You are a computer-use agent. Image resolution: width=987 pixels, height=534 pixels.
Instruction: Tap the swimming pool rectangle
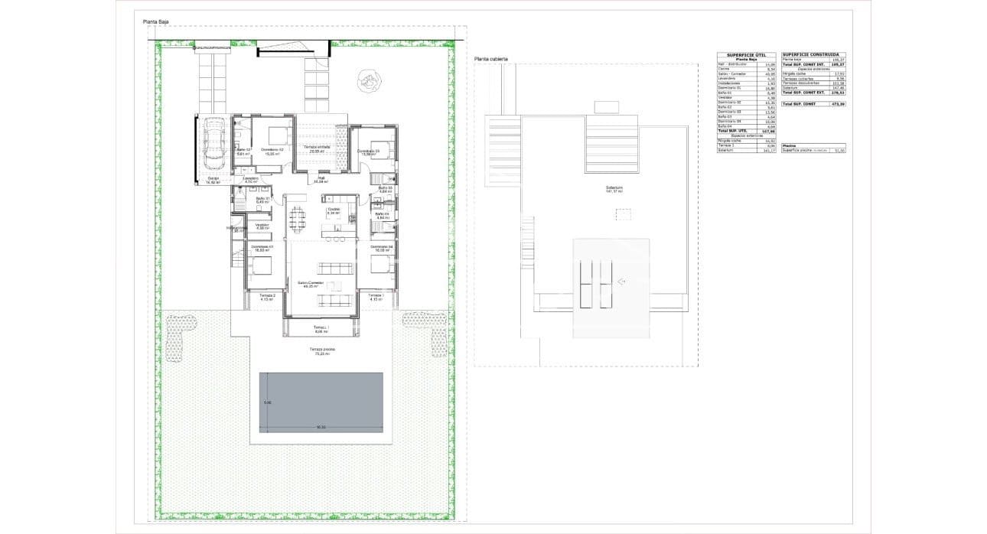pos(321,402)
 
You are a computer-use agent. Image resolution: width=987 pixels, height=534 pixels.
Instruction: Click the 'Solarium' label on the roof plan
pos(614,187)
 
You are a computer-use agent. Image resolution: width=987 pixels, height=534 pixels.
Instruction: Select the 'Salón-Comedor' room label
pos(311,283)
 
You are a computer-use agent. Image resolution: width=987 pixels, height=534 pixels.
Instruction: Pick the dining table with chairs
pos(297,219)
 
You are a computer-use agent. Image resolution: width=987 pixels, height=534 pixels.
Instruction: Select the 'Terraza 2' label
pos(267,296)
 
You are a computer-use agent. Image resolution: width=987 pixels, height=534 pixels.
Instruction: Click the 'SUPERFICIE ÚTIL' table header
pos(746,55)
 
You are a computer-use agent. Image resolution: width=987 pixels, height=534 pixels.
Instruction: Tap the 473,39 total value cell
pos(839,103)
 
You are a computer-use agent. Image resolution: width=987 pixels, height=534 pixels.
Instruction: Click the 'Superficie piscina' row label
pos(796,150)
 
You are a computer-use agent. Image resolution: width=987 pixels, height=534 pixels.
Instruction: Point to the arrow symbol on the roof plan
pos(622,282)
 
